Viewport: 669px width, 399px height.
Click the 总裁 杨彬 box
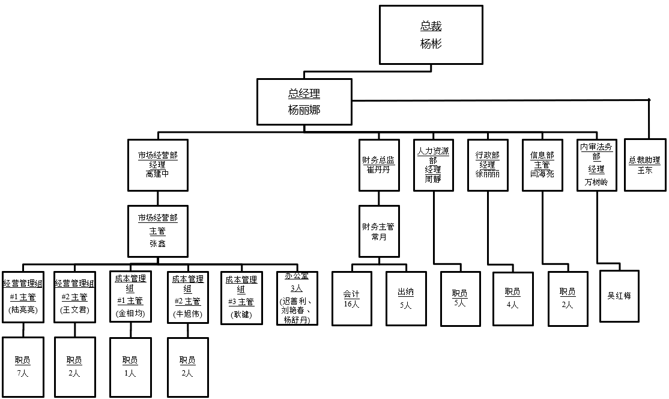pyautogui.click(x=431, y=35)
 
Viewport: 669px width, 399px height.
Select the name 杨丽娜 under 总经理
pyautogui.click(x=303, y=110)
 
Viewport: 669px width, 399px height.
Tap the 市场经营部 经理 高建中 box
pyautogui.click(x=157, y=165)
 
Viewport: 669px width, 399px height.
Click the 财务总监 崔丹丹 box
pyautogui.click(x=378, y=165)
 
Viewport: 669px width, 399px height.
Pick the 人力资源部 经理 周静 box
pyautogui.click(x=432, y=165)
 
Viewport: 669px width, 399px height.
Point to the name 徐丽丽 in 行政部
pyautogui.click(x=487, y=174)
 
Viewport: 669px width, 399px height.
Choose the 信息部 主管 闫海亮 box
pyautogui.click(x=542, y=165)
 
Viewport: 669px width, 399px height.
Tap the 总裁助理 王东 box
pyautogui.click(x=644, y=165)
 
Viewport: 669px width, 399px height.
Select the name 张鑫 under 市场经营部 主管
pyautogui.click(x=157, y=243)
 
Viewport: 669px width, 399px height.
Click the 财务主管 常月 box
pyautogui.click(x=378, y=231)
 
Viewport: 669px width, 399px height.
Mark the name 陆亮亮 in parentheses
pyautogui.click(x=23, y=310)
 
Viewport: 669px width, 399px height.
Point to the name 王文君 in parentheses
pyautogui.click(x=74, y=310)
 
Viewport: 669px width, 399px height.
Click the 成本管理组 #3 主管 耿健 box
pyautogui.click(x=241, y=297)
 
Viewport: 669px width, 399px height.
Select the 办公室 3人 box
pyautogui.click(x=297, y=297)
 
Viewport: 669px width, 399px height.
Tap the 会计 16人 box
pyautogui.click(x=351, y=299)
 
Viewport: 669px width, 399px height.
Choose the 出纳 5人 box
pyautogui.click(x=406, y=299)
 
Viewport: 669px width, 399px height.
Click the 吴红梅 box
pyautogui.click(x=619, y=296)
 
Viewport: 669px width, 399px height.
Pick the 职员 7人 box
pyautogui.click(x=23, y=367)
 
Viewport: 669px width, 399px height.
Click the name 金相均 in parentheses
pyautogui.click(x=130, y=314)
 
